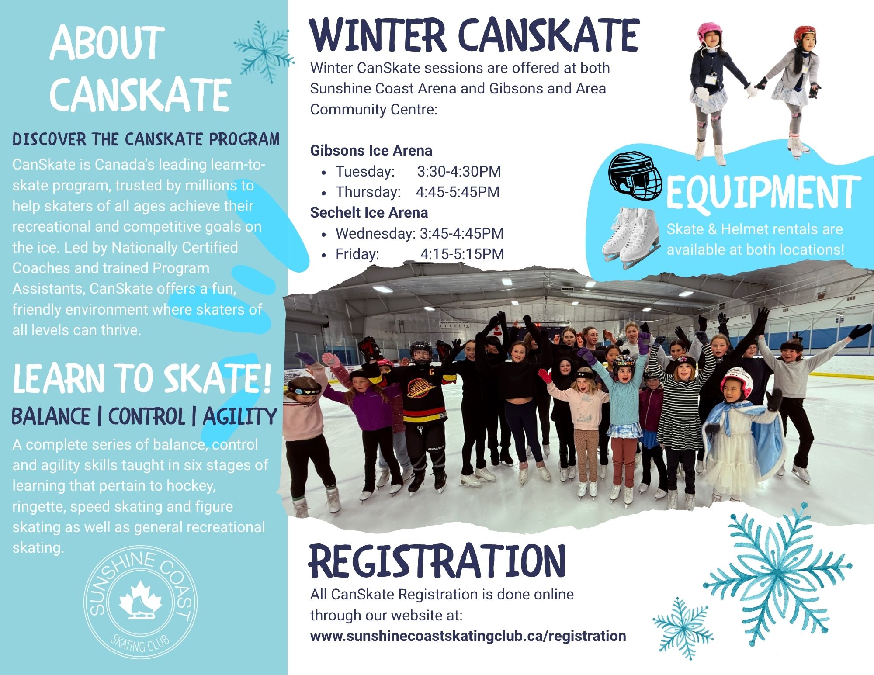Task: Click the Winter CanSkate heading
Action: [475, 35]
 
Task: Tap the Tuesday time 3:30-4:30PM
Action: [459, 171]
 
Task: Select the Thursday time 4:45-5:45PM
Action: [458, 192]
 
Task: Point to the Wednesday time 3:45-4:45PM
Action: [461, 233]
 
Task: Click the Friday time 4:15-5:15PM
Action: [462, 254]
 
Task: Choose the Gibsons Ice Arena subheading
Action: [371, 151]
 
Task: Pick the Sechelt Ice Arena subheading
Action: [369, 213]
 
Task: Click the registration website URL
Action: [468, 636]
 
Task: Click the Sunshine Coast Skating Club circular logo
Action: [140, 602]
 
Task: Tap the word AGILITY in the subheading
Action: [240, 416]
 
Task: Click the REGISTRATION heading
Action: [437, 561]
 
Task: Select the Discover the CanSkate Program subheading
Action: [146, 139]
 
